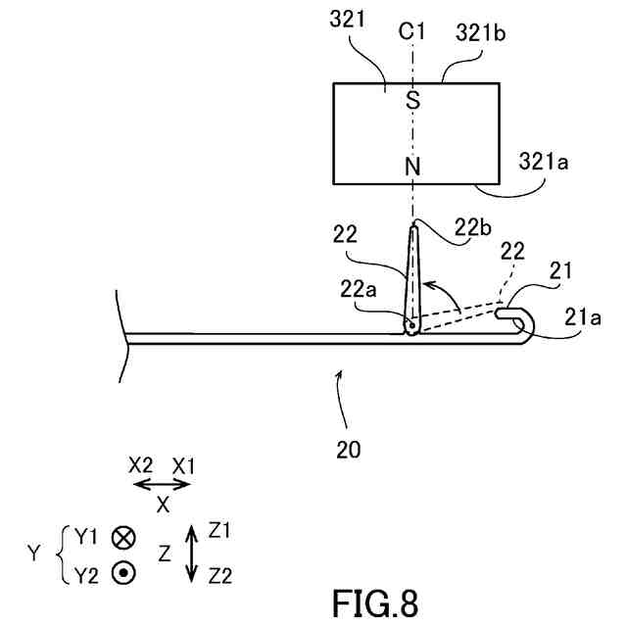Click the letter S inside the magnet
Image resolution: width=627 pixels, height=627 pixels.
(x=412, y=99)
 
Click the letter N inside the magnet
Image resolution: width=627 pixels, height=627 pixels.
(x=412, y=167)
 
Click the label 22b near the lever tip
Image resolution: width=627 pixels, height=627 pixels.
(x=473, y=227)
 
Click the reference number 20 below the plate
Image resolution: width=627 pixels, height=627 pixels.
(x=348, y=451)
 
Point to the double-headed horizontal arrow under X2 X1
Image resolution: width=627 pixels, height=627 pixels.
(x=162, y=485)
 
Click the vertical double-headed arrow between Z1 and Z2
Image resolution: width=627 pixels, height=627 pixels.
(x=191, y=555)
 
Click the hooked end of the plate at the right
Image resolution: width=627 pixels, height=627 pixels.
(x=524, y=323)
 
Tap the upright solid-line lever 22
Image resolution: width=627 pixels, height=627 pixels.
(x=412, y=279)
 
